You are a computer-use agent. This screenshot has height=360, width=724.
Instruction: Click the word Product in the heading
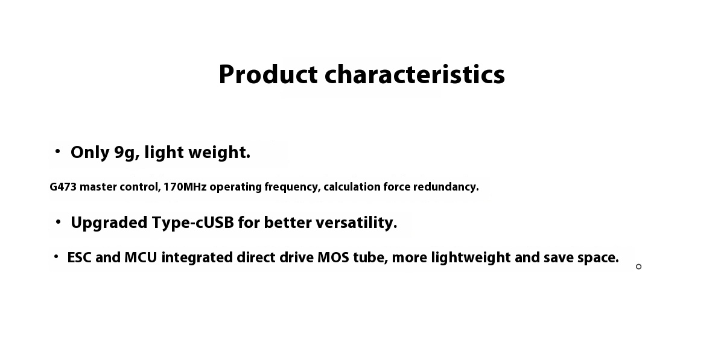(268, 75)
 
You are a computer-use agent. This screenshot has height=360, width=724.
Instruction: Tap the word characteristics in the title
(414, 75)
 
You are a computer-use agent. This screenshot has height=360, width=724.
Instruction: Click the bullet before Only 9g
(58, 151)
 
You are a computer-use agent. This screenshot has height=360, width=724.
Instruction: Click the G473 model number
(63, 187)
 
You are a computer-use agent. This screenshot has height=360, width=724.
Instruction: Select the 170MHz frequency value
(185, 187)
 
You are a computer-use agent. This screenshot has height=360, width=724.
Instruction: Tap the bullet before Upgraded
(58, 223)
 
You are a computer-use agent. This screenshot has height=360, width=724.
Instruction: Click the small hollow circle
(638, 267)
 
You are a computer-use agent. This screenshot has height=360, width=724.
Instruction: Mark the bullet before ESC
(56, 257)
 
